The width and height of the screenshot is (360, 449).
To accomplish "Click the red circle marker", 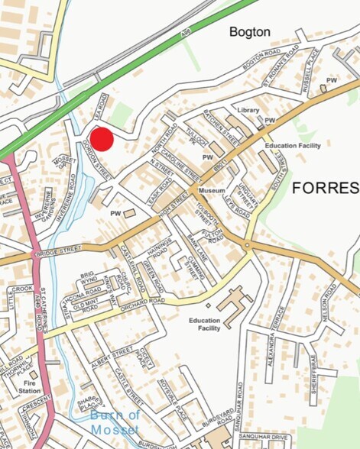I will pos(102,140).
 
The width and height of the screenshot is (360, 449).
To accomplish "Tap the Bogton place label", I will pos(250,32).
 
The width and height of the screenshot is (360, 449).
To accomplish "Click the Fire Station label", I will pos(30,387).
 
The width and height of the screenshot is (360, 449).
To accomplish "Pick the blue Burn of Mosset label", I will pos(115,422).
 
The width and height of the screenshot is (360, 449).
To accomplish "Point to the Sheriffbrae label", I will pos(313,370).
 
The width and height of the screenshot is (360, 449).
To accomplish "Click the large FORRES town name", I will pos(325,188).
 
